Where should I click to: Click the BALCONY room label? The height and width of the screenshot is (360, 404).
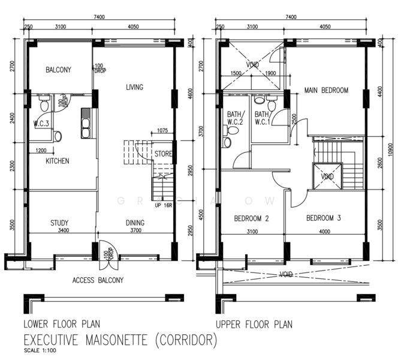point(58,70)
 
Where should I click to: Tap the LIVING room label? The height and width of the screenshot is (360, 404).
point(134,87)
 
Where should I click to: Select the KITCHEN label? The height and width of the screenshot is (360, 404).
point(58,161)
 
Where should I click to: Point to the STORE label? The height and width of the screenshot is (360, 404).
point(163,154)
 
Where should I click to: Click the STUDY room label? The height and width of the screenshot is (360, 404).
point(59,223)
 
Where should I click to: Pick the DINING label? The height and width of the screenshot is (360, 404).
point(135,223)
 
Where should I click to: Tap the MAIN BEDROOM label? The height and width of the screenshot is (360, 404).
point(326,90)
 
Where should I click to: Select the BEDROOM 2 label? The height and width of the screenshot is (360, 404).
point(252,218)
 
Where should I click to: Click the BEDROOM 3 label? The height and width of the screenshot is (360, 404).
point(324,218)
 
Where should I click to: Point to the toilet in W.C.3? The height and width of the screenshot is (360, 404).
point(44,103)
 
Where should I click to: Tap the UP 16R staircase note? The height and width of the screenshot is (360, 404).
point(164,206)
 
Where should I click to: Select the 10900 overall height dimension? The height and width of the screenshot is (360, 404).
point(390,149)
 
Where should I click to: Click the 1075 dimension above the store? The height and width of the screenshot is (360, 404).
point(162,130)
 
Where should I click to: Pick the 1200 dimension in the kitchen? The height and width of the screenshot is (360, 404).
point(41,151)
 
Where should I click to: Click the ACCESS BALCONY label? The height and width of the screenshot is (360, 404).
point(98,280)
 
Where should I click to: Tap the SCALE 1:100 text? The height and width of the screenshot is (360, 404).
point(40,350)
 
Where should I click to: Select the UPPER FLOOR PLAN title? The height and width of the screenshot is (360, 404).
point(254,325)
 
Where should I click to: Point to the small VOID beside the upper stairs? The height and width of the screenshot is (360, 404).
point(327,176)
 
